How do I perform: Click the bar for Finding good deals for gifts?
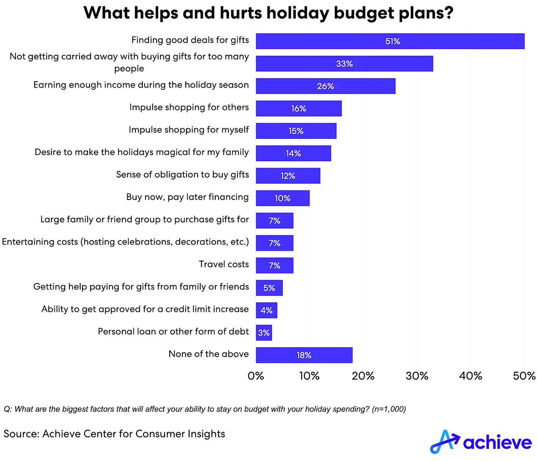click(390, 41)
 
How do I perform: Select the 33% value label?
click(344, 64)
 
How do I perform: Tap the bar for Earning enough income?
click(325, 86)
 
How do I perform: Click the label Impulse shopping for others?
click(189, 107)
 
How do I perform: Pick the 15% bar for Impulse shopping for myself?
click(296, 131)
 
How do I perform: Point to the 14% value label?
click(293, 153)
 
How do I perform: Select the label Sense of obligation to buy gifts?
click(182, 175)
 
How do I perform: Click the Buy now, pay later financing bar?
click(282, 198)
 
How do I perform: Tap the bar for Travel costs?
click(274, 265)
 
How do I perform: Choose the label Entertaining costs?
click(125, 242)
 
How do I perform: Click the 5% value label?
click(269, 288)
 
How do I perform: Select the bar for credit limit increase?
click(266, 310)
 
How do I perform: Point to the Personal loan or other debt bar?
click(264, 333)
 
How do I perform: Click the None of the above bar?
click(304, 355)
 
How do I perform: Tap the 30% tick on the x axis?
click(417, 376)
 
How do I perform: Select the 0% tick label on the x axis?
click(256, 376)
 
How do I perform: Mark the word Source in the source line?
click(21, 434)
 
